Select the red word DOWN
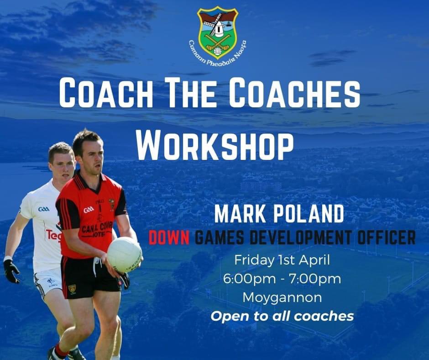[x=171, y=238]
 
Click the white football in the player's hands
[x=124, y=254]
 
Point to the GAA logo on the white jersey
[x=44, y=209]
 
